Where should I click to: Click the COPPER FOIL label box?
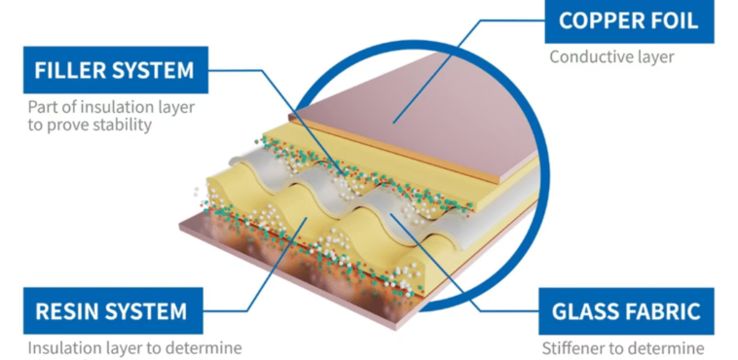click(x=629, y=21)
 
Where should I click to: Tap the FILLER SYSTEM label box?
click(x=115, y=70)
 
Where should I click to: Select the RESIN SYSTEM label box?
click(x=113, y=310)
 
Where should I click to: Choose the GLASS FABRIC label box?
click(x=626, y=311)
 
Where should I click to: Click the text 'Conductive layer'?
click(x=611, y=57)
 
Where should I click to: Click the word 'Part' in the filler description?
click(x=43, y=107)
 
